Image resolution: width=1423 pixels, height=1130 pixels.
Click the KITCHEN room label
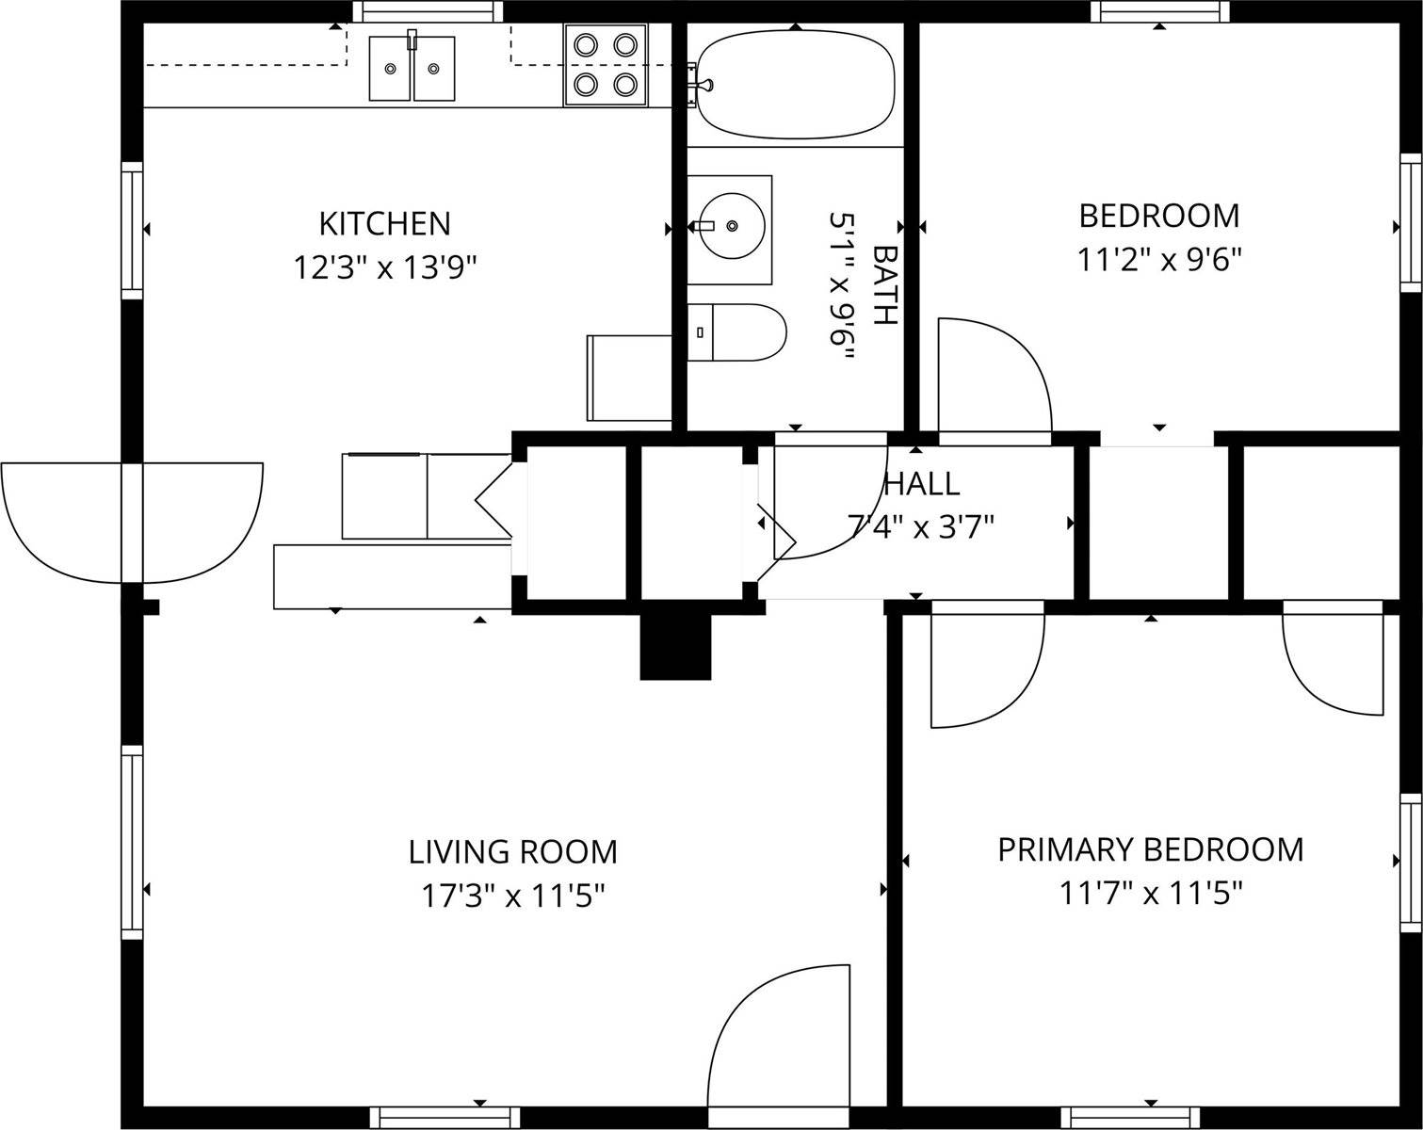385,224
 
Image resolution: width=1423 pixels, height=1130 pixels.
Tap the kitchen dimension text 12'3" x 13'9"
385,268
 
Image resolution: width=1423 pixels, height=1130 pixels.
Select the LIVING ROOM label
513,852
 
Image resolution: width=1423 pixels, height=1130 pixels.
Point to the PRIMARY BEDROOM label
1151,850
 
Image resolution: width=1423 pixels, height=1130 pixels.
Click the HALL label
922,485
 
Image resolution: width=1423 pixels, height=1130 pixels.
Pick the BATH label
885,285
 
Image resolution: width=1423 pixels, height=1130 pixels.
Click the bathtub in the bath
796,84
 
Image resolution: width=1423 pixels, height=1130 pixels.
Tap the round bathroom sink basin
732,226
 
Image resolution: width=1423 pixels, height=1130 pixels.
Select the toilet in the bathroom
736,331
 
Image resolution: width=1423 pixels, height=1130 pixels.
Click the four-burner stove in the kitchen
606,65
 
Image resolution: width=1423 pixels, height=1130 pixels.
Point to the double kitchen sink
412,69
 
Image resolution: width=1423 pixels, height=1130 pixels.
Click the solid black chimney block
675,646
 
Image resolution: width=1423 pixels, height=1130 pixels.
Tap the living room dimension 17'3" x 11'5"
513,896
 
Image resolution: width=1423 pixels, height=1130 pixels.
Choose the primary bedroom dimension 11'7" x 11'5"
1151,895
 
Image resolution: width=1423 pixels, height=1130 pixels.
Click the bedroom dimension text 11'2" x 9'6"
1160,260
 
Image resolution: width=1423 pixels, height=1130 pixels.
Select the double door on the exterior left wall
132,523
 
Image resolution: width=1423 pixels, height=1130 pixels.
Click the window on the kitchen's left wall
132,230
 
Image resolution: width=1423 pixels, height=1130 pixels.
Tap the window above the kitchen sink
428,11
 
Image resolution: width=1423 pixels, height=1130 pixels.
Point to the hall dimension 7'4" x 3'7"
921,528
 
